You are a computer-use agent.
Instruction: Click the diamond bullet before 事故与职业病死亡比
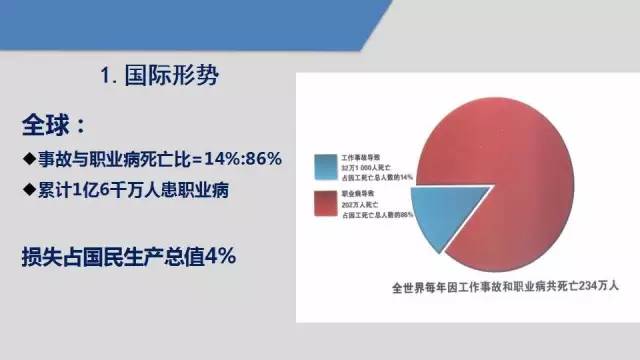click(27, 159)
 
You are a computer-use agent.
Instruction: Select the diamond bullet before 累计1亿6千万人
click(27, 190)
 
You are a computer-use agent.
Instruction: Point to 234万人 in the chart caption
click(599, 285)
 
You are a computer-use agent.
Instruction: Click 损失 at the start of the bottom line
click(38, 256)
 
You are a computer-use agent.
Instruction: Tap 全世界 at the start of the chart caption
click(411, 285)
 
